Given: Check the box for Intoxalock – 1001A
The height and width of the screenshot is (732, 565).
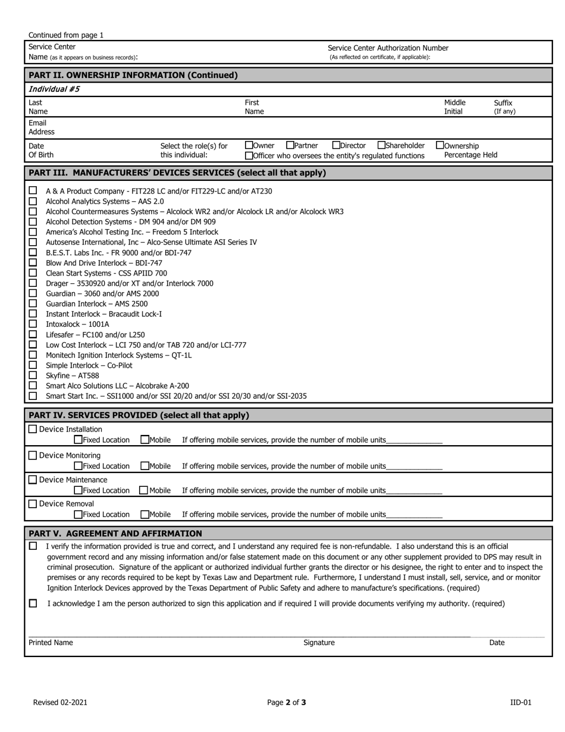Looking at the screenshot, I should [33, 324].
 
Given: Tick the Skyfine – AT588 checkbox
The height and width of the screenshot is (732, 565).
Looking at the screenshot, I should [33, 376].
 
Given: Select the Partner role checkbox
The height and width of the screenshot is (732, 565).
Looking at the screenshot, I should [290, 145].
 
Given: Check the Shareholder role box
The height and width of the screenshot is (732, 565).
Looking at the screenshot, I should [381, 145].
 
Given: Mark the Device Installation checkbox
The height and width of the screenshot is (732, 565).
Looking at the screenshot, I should [33, 429].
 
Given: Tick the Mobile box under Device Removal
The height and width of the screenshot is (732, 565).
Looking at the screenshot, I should [145, 514].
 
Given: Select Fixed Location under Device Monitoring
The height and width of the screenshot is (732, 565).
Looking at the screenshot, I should [78, 466].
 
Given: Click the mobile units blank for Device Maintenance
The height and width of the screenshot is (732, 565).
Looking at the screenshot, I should [414, 491].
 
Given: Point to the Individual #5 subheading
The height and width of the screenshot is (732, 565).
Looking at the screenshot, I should [54, 89].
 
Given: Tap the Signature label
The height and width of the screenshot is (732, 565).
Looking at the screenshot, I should [319, 643].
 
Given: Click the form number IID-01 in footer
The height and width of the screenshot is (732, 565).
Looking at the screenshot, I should [520, 702].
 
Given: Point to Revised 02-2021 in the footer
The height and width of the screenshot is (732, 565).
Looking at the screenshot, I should [60, 702].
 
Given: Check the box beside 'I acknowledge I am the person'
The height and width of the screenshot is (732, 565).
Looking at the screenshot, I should [33, 603].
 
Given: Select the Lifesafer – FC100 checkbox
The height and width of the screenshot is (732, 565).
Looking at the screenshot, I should [33, 334].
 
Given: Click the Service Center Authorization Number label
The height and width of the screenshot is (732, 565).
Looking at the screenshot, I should [388, 48].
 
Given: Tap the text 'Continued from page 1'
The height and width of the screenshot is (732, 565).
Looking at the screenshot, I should [66, 35].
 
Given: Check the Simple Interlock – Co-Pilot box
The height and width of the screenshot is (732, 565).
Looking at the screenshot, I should [33, 365].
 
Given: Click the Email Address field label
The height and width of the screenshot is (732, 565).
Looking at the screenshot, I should [41, 127].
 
